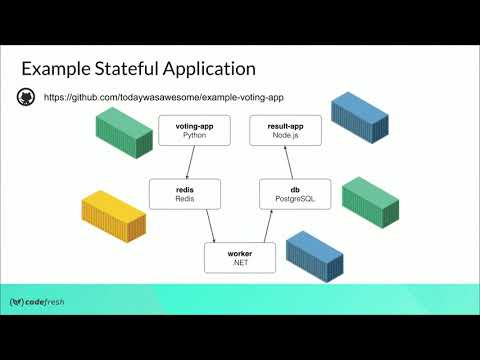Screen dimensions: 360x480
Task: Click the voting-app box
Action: click(189, 130)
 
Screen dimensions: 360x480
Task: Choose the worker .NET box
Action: click(239, 257)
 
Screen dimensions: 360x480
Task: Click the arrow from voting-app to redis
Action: click(185, 162)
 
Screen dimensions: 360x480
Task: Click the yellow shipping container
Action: click(113, 218)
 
